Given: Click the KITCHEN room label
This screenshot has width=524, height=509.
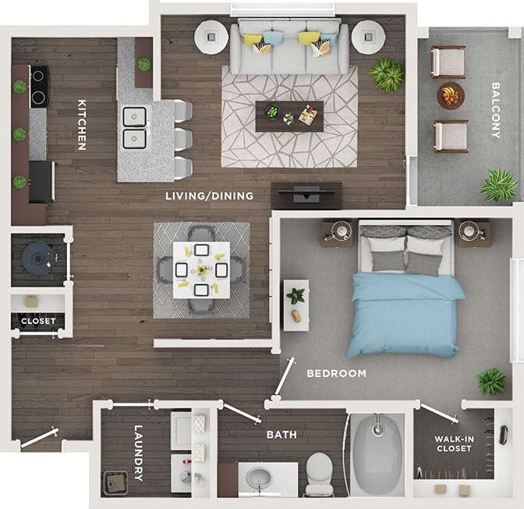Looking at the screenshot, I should [80, 124].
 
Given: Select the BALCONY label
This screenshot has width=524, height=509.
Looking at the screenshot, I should [495, 110].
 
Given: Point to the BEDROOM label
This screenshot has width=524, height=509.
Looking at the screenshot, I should [336, 373].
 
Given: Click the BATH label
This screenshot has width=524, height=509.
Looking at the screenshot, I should [281, 434].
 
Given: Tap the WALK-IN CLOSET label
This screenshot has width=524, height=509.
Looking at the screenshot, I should [454, 444].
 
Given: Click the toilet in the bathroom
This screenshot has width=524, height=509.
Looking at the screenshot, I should [319, 472].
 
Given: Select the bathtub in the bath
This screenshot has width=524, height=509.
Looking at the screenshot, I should [378, 454].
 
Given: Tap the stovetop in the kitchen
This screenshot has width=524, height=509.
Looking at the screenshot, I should [39, 87].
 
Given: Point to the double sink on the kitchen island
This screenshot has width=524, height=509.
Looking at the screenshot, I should [136, 127].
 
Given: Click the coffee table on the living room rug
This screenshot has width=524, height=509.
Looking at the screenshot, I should [289, 116].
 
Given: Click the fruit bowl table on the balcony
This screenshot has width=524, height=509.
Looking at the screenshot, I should [450, 96].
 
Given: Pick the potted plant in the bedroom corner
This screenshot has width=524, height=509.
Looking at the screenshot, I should [491, 381].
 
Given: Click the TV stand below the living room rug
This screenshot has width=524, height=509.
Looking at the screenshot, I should [306, 190].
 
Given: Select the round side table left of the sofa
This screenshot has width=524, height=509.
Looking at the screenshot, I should [210, 35].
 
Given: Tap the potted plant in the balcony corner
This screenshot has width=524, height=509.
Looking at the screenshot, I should [498, 186].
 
